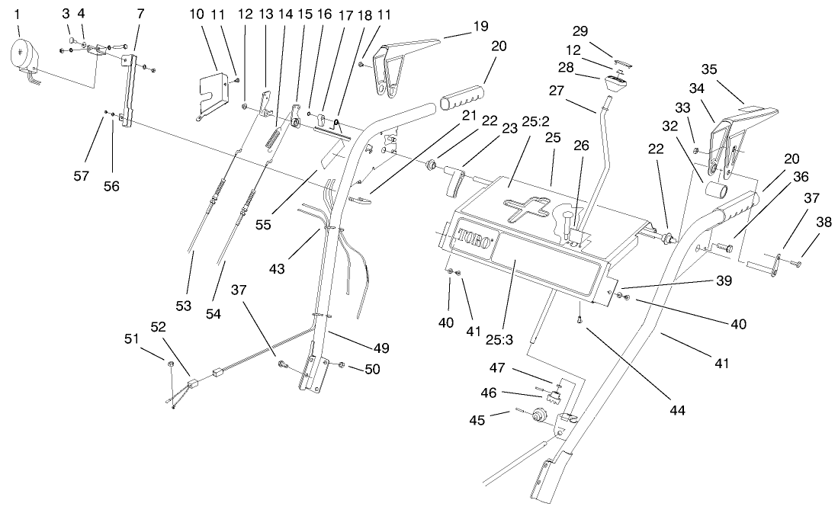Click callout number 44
pos(676,410)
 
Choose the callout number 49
pos(381,348)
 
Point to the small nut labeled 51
pos(172,365)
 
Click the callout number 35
pos(709,69)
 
